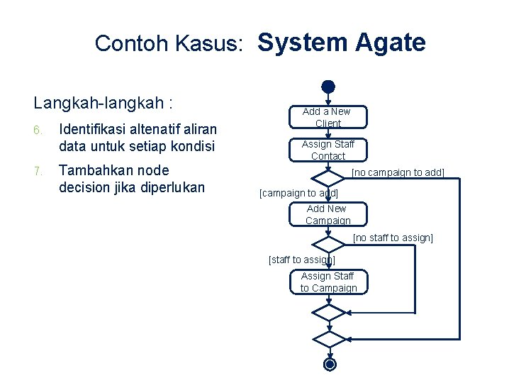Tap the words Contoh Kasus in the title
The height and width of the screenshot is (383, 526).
coord(170,44)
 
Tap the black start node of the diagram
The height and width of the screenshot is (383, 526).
coord(328,87)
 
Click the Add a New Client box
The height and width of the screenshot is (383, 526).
coord(327,117)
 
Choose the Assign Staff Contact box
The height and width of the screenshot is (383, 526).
coord(328,150)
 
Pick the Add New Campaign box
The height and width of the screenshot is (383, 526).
coord(328,214)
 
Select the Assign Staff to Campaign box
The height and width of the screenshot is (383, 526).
coord(328,282)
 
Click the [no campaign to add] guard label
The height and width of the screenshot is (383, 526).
coord(398,172)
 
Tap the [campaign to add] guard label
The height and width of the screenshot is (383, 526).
coord(299,193)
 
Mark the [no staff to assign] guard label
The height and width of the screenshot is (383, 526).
coord(393,238)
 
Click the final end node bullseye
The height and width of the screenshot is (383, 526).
coord(329,365)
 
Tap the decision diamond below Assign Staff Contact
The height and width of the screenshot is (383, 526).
coord(328,177)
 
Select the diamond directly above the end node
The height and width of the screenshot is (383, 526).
coord(328,338)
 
